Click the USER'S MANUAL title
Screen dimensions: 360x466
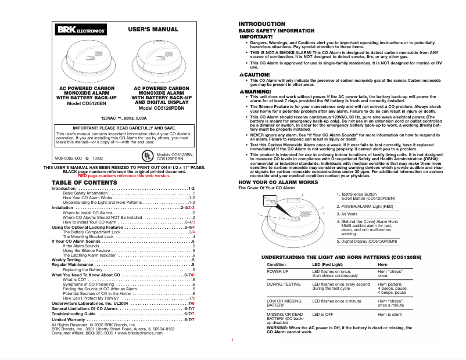click(x=153, y=28)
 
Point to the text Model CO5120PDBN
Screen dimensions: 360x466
click(x=161, y=108)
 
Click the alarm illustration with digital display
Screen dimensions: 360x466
click(x=160, y=63)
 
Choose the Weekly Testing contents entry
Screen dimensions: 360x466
click(x=66, y=260)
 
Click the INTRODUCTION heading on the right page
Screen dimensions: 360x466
click(x=262, y=24)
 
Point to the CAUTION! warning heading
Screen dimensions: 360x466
click(x=255, y=75)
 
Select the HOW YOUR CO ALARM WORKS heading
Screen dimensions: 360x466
click(x=278, y=182)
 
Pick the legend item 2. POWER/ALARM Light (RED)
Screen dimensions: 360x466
click(x=368, y=206)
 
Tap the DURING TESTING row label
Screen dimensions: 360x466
click(x=284, y=285)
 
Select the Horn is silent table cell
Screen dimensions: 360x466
click(x=389, y=314)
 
